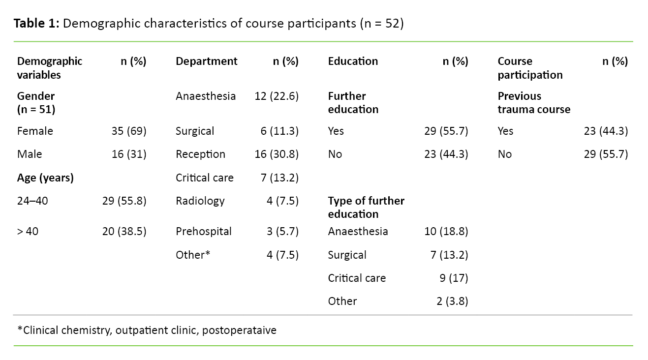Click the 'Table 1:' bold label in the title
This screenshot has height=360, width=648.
tap(36, 24)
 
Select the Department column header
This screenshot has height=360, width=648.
tap(206, 61)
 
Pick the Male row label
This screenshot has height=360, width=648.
tap(30, 154)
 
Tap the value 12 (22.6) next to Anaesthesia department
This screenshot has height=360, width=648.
tap(277, 96)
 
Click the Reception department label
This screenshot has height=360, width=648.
tap(200, 154)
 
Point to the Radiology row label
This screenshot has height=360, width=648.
tap(200, 201)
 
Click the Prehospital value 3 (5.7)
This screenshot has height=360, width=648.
tap(282, 232)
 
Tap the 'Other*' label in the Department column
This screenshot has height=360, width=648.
tap(193, 255)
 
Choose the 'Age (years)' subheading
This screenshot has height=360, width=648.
tap(45, 178)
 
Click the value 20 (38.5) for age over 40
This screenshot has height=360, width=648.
tap(124, 232)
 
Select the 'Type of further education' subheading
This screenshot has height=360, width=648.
tap(366, 208)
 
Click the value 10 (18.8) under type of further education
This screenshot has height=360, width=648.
tap(446, 232)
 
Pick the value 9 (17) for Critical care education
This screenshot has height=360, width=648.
tap(454, 278)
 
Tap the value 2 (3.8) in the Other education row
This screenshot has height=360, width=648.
tap(452, 301)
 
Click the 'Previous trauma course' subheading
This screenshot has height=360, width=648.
tap(533, 103)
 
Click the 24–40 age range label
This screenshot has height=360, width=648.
tap(32, 201)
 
